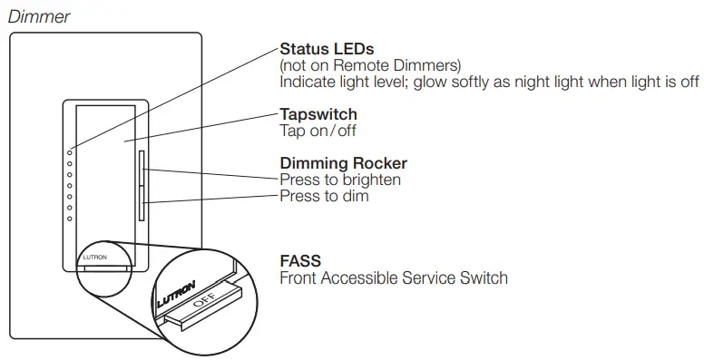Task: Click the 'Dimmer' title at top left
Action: point(38,16)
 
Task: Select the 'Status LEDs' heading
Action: point(327,49)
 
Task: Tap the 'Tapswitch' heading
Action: point(318,115)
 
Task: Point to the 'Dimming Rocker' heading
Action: point(343,164)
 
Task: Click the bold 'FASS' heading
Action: point(300,261)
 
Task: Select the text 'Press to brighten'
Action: point(340,180)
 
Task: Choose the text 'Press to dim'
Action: point(324,195)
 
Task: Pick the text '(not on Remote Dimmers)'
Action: point(369,65)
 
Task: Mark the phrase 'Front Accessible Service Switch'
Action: point(394,277)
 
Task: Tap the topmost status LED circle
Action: point(70,152)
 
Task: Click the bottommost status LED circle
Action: point(70,218)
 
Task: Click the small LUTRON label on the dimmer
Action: point(94,258)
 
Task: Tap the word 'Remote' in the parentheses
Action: point(380,65)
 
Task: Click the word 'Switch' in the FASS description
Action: point(484,277)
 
